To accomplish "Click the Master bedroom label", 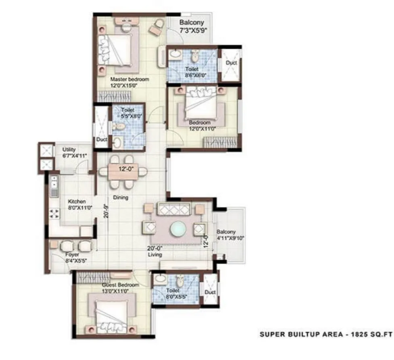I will (129, 79).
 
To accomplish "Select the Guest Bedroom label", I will (120, 285).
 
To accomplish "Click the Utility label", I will (69, 150).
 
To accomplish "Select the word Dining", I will (121, 198).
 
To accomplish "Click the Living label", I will (154, 255).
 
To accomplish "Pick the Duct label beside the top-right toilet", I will (231, 63).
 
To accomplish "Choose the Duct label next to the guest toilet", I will (210, 292).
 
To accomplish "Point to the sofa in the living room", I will (174, 209).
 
